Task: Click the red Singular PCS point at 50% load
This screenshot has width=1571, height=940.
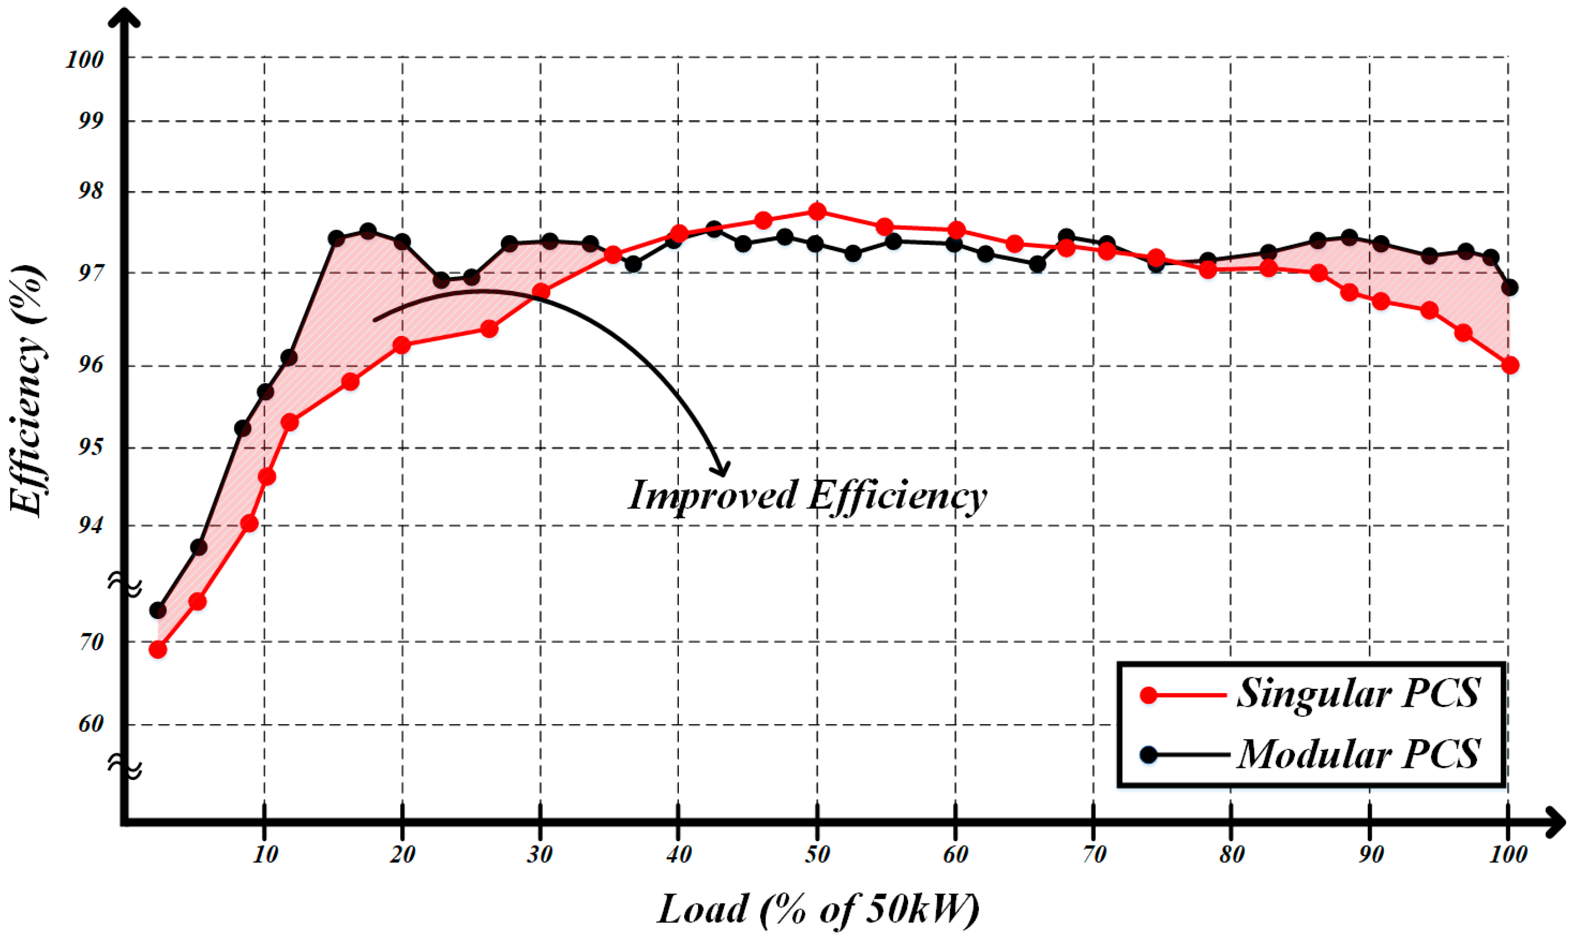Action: [817, 211]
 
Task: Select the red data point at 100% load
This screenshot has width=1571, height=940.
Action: [1509, 365]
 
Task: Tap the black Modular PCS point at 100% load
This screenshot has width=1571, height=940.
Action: [1509, 287]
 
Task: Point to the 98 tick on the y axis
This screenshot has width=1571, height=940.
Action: [91, 191]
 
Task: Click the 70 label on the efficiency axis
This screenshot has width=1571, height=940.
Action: [91, 642]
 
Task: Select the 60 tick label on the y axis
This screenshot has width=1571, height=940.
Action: [91, 724]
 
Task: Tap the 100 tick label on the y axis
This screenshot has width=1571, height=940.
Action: [84, 60]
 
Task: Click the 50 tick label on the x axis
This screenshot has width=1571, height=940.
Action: [817, 855]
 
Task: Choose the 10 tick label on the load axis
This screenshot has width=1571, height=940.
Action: [265, 855]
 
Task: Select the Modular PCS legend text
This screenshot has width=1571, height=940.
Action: [1359, 754]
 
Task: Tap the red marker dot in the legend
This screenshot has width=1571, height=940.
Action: [1149, 695]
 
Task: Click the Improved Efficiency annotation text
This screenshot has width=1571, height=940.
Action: [808, 496]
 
